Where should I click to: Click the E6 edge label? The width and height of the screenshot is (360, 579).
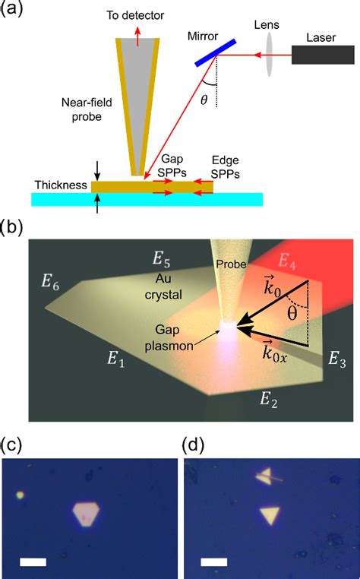pos(52,285)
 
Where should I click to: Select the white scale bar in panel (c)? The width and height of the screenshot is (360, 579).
pos(35,563)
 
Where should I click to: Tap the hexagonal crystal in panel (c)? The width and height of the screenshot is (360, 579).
pos(87,513)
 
